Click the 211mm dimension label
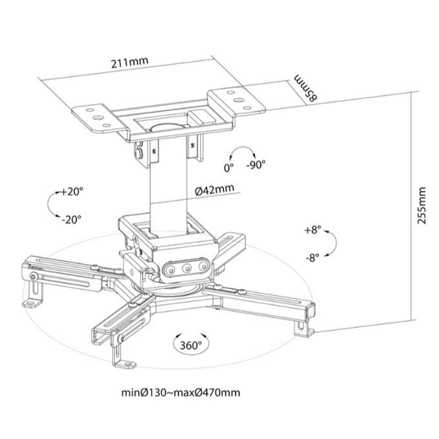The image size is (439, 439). pyautogui.click(x=129, y=62)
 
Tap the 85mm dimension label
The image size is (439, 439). pyautogui.click(x=306, y=88)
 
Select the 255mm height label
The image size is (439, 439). pyautogui.click(x=422, y=205)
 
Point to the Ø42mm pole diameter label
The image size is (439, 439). pyautogui.click(x=214, y=190)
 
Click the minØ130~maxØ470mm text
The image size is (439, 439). pyautogui.click(x=181, y=393)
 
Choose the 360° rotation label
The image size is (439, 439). pyautogui.click(x=190, y=345)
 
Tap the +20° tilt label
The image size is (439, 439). pyautogui.click(x=72, y=192)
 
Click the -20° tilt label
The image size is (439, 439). pyautogui.click(x=72, y=219)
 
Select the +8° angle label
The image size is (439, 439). pyautogui.click(x=312, y=230)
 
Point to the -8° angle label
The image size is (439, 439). pyautogui.click(x=312, y=258)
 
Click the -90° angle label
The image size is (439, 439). pyautogui.click(x=256, y=165)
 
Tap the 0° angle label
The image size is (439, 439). pyautogui.click(x=229, y=168)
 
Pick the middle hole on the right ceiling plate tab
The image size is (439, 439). pyautogui.click(x=238, y=100)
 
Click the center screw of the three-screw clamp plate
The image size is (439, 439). pyautogui.click(x=187, y=269)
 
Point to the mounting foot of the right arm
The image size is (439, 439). pyautogui.click(x=304, y=330)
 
